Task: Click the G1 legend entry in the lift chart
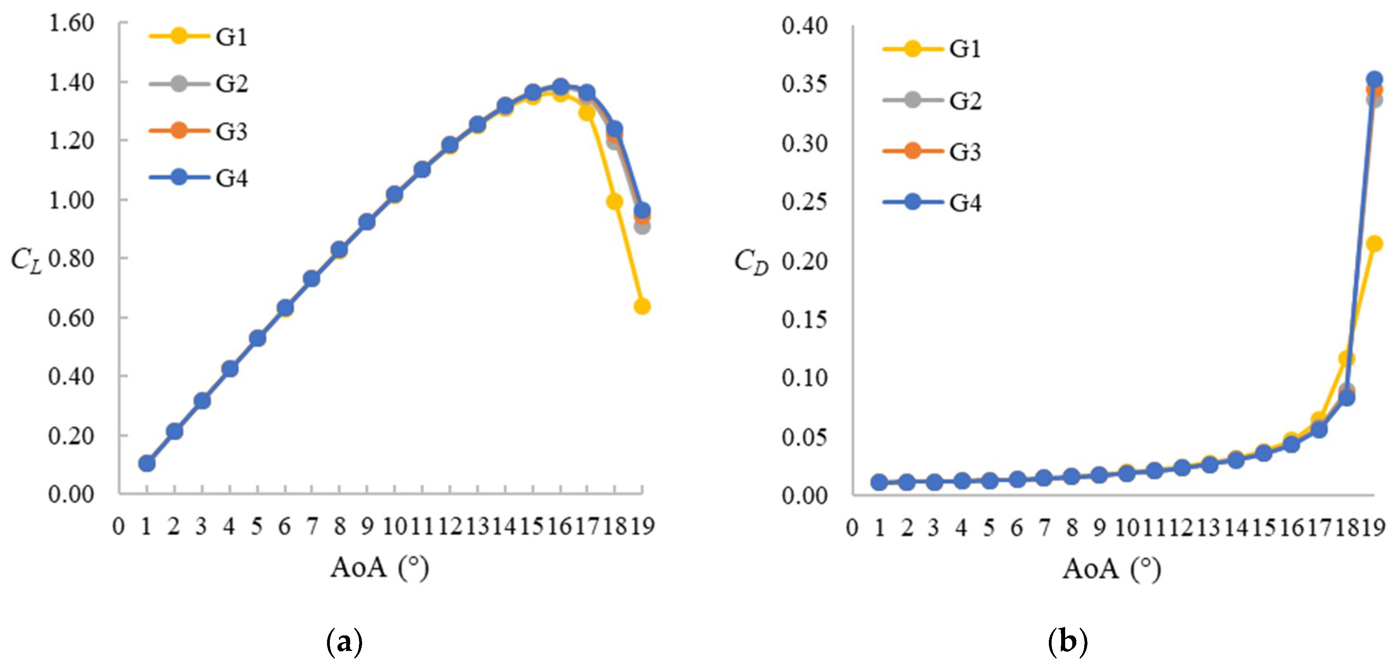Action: (198, 37)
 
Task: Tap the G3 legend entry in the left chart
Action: (198, 131)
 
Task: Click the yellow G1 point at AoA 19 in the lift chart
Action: (642, 307)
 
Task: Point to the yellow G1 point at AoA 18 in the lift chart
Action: (614, 201)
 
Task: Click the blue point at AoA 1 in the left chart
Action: (147, 463)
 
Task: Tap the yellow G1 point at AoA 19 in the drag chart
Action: (1374, 244)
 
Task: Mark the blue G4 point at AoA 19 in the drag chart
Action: (1374, 80)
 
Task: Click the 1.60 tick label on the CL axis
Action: (71, 23)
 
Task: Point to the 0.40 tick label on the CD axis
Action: (804, 25)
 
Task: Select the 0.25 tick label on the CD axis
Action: (804, 202)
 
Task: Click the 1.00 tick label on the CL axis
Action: (71, 200)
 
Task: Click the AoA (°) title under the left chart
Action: (380, 567)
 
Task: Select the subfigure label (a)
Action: (345, 643)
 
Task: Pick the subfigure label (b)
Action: (1068, 643)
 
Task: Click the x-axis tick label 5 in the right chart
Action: (989, 527)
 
